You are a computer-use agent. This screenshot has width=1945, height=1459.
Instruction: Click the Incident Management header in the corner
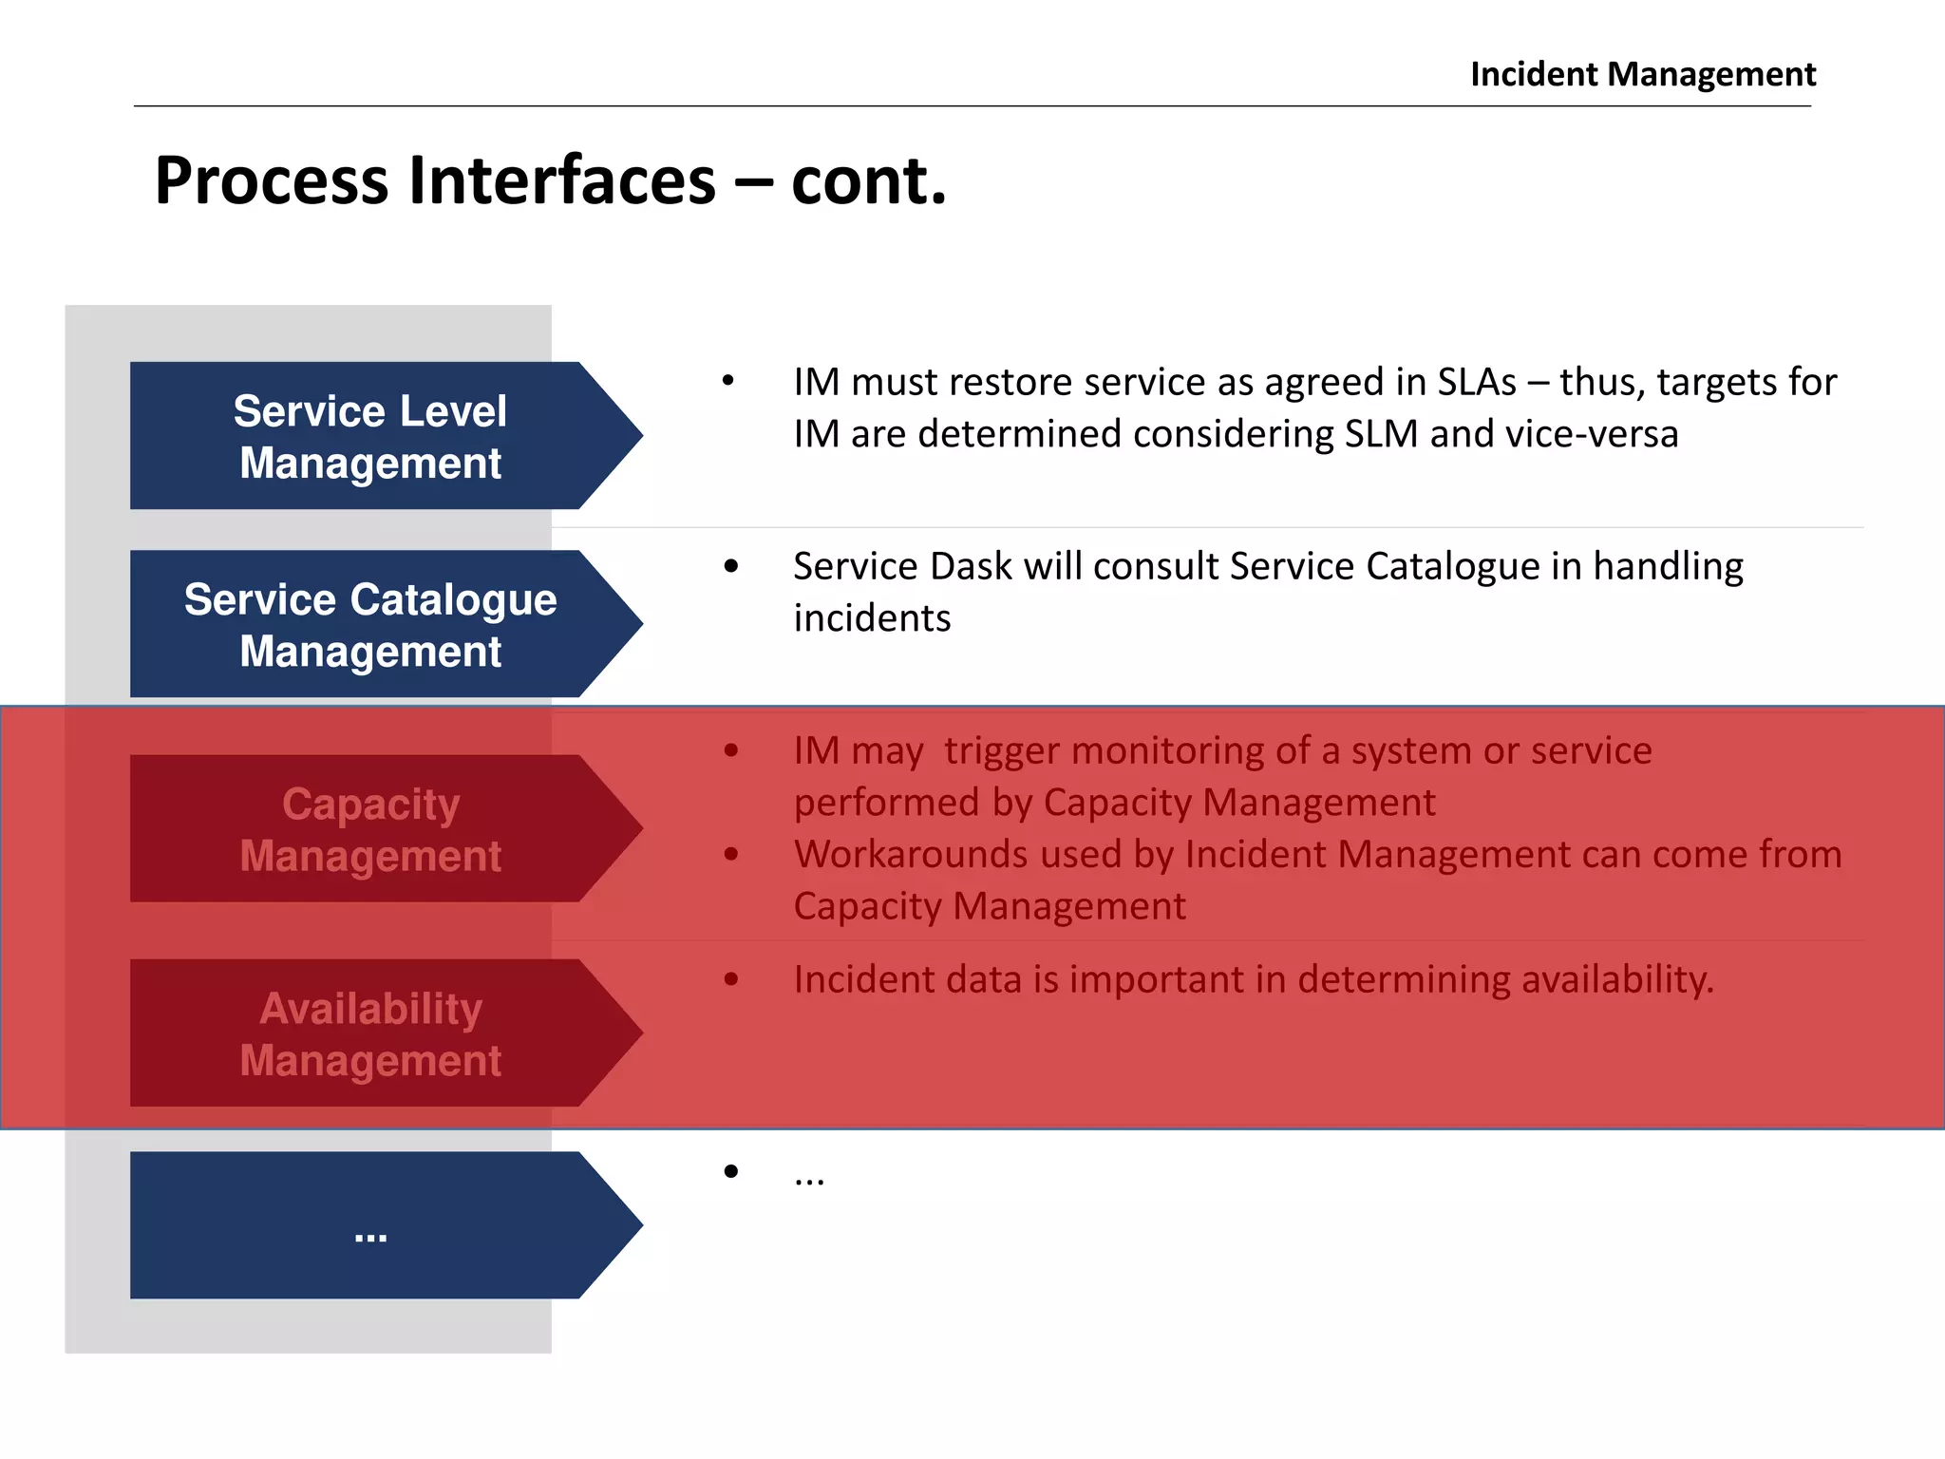click(1642, 74)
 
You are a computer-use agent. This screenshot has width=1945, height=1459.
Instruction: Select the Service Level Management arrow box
click(370, 436)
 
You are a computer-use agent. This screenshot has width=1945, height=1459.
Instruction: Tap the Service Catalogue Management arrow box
click(370, 624)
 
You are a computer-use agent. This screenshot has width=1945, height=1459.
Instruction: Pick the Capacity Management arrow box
click(370, 828)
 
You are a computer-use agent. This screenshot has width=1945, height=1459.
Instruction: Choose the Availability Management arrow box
click(370, 1033)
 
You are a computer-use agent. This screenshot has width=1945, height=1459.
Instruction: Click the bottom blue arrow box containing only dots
click(370, 1225)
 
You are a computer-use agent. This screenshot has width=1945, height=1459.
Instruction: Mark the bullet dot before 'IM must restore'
click(728, 381)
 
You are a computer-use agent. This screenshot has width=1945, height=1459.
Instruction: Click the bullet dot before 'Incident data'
click(730, 979)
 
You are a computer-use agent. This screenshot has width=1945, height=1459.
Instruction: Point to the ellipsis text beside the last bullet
click(809, 1179)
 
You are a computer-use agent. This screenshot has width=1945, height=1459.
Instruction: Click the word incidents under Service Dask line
click(872, 618)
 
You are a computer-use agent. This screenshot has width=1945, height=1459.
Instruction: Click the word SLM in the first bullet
click(1381, 434)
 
